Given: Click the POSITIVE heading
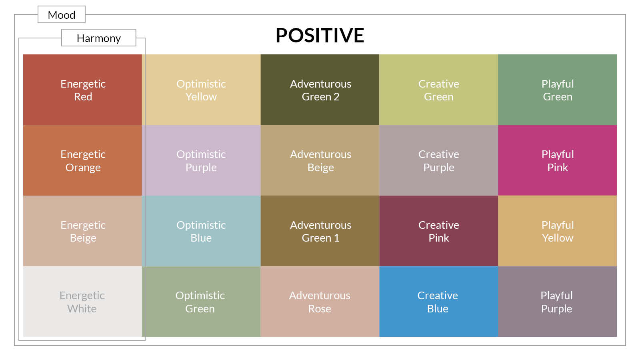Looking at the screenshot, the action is pos(320,36).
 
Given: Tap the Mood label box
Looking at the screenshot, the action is pos(62,14).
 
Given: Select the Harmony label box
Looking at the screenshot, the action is pos(98,38).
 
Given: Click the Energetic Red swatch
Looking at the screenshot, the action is pos(82,90).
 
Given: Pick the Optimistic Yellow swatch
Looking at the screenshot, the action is pos(201,90).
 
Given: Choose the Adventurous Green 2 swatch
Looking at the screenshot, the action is pos(320,90).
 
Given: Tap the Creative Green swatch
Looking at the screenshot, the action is pos(438,90).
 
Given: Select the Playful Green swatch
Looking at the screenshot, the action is pos(558,90).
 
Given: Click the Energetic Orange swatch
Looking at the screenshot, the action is pos(82,160).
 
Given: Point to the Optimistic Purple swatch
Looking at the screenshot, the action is pos(201,160).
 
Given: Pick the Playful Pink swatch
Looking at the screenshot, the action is pos(558,160).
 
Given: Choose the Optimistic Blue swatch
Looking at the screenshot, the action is pos(201,231).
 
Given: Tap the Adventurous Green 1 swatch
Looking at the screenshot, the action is pos(320,231).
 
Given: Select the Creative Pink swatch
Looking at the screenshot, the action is pos(438,231).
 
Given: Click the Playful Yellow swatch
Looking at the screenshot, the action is pos(558,231).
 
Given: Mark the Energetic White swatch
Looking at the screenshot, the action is pos(82,302).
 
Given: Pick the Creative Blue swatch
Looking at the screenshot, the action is pos(438,302).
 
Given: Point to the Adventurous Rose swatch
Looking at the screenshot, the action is pos(320,302).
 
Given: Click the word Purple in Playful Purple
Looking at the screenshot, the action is pos(556,309).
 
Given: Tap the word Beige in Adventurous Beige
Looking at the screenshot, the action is pos(320,168).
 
